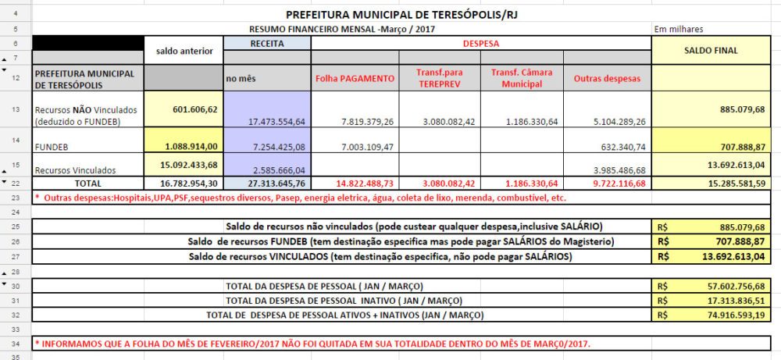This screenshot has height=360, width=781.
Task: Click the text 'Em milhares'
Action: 679,29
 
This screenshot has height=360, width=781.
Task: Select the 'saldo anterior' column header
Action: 184,50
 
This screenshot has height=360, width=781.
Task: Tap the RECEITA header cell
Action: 267,44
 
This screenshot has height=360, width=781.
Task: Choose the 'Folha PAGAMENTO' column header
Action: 355,79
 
